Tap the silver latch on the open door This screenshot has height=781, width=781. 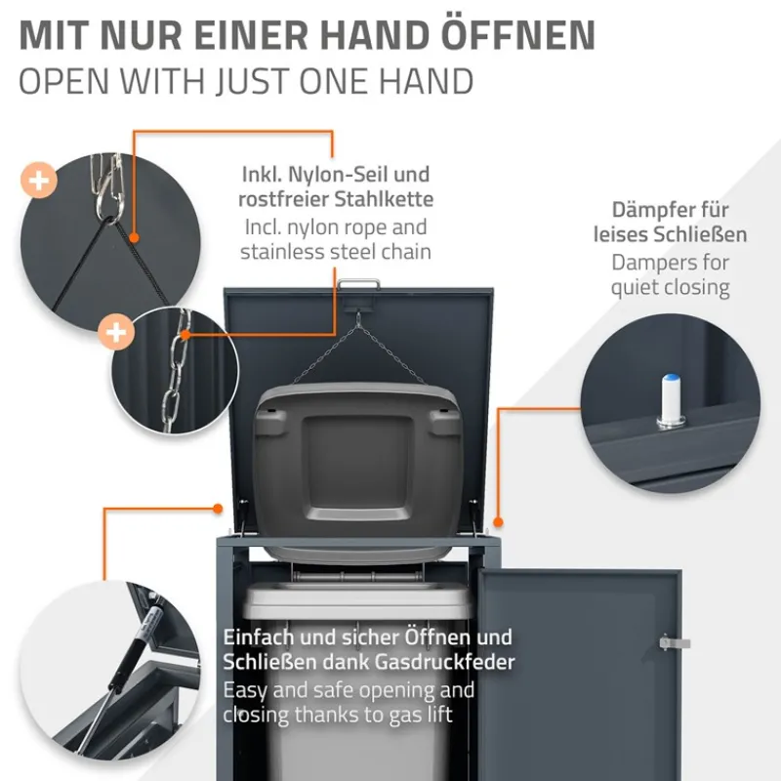[x=674, y=643]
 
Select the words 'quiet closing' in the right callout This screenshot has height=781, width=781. [x=670, y=287]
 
